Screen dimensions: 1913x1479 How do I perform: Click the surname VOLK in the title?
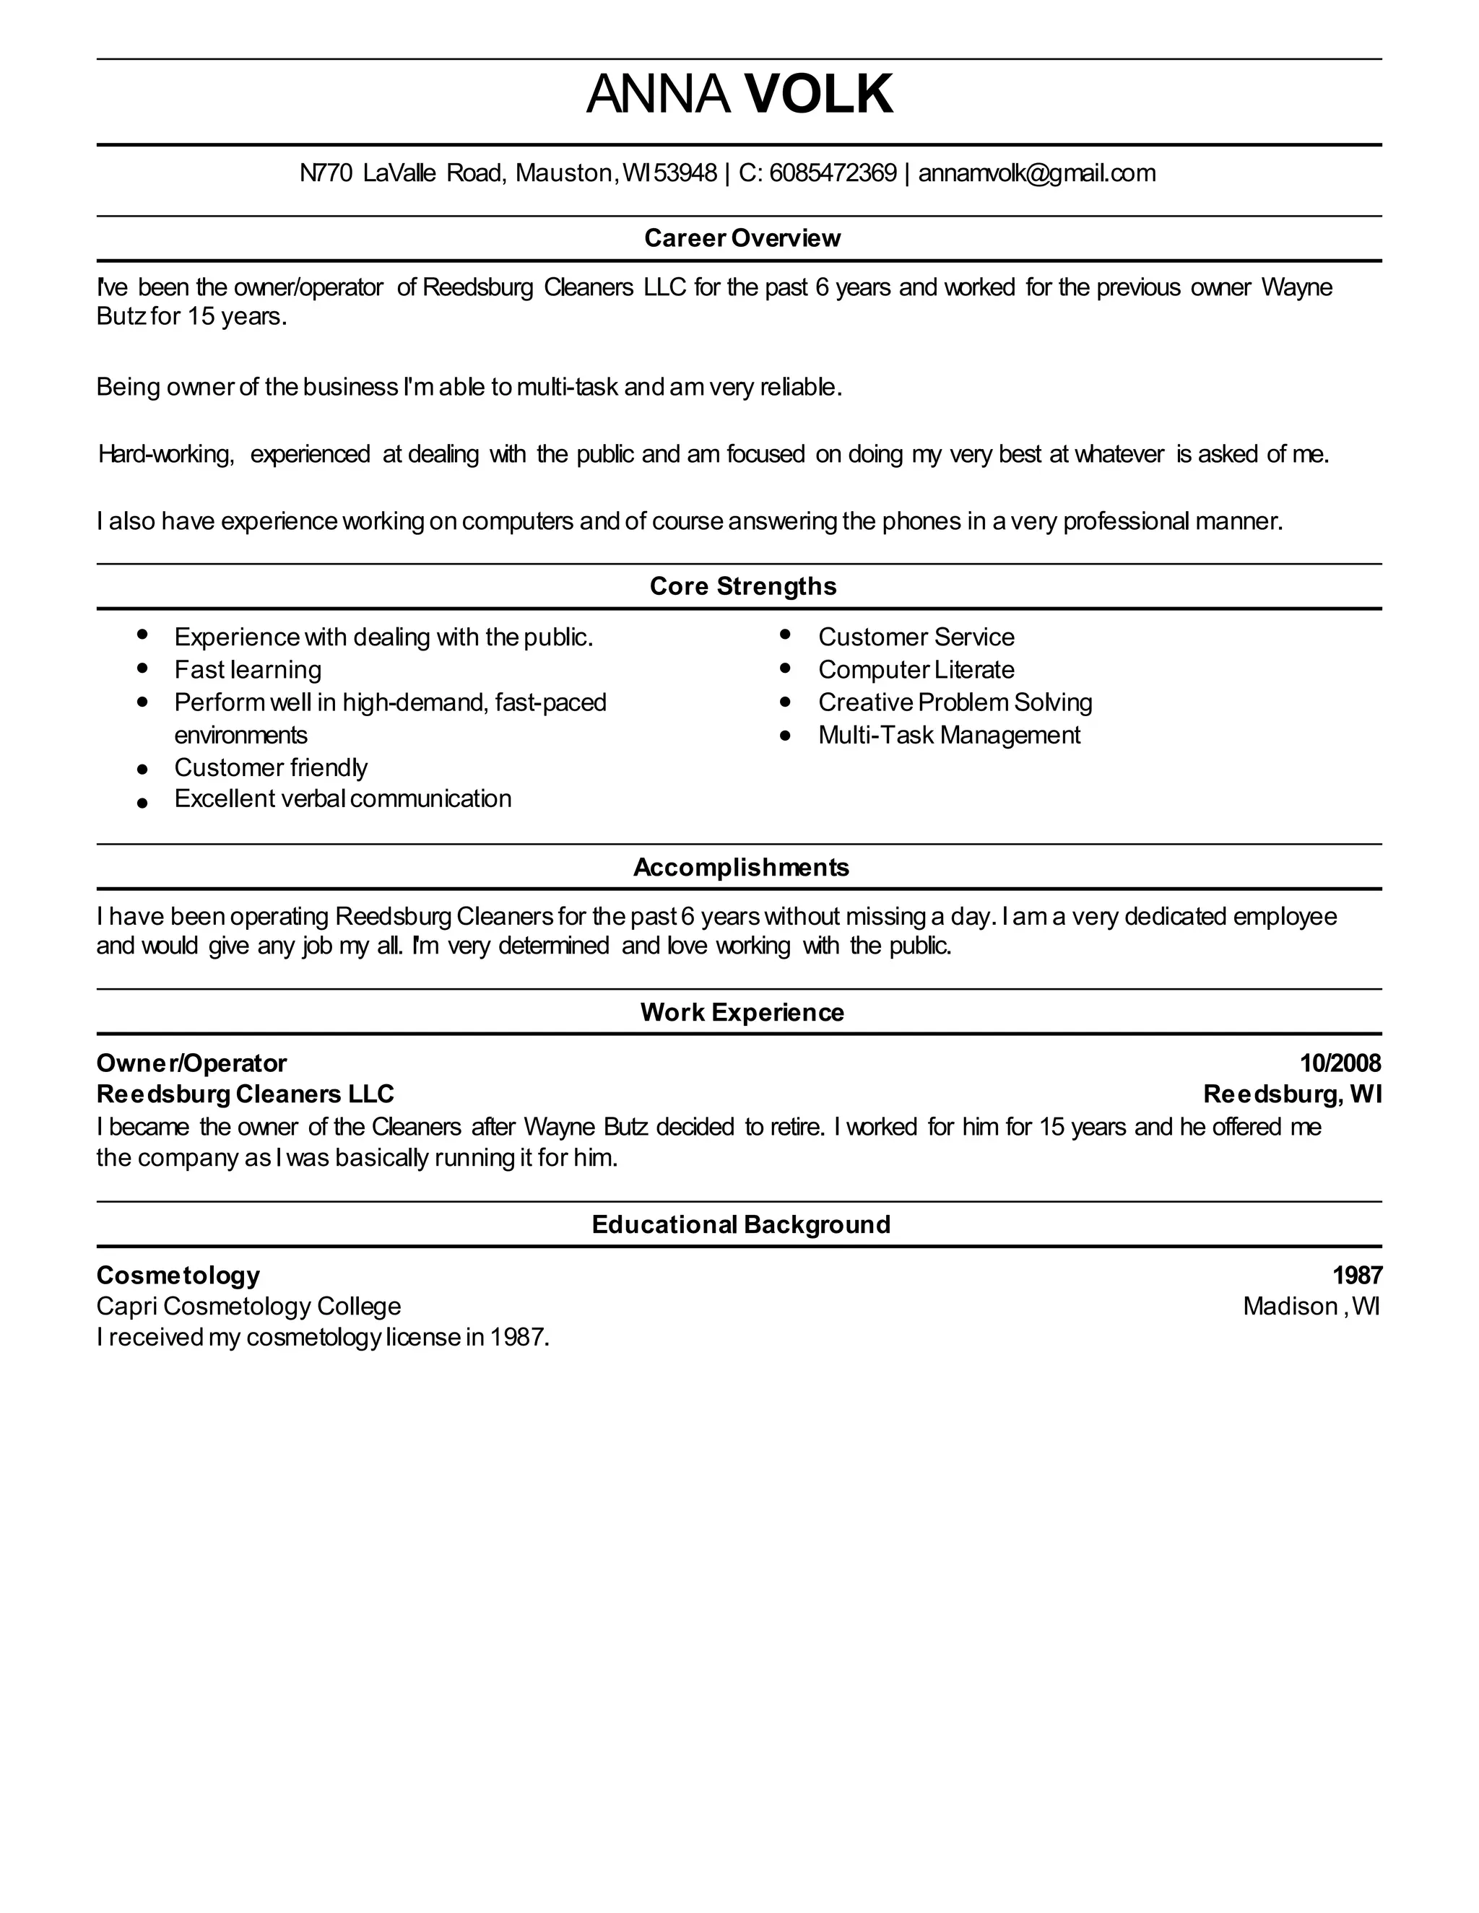pyautogui.click(x=818, y=95)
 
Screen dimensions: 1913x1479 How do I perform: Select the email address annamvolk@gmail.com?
pyautogui.click(x=1036, y=173)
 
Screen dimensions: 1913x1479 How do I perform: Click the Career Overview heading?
pyautogui.click(x=742, y=238)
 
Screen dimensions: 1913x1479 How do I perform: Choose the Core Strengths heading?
pyautogui.click(x=743, y=586)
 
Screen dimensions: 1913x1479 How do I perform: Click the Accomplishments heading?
pyautogui.click(x=741, y=867)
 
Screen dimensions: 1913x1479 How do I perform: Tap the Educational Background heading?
pyautogui.click(x=741, y=1224)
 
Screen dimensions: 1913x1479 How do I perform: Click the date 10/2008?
pyautogui.click(x=1340, y=1063)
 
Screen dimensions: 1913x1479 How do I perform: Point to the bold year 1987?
pyautogui.click(x=1357, y=1276)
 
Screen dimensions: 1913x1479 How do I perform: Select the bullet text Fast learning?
pyautogui.click(x=248, y=670)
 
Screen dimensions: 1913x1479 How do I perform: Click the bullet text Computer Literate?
pyautogui.click(x=916, y=670)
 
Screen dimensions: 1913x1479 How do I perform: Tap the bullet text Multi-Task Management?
pyautogui.click(x=949, y=735)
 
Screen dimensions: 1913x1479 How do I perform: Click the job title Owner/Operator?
pyautogui.click(x=191, y=1063)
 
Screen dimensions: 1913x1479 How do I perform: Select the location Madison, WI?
pyautogui.click(x=1311, y=1306)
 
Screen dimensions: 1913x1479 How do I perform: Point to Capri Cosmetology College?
pyautogui.click(x=249, y=1306)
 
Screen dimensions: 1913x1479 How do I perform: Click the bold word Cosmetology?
pyautogui.click(x=178, y=1276)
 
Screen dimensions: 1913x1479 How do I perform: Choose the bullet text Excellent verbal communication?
pyautogui.click(x=342, y=799)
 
